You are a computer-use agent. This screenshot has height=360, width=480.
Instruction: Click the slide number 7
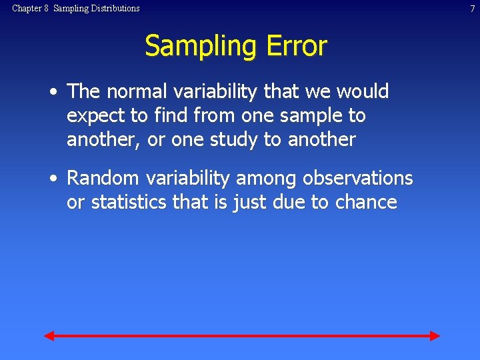(472, 9)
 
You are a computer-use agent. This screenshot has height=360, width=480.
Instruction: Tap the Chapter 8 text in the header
(31, 9)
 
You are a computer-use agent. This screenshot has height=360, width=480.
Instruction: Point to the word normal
(138, 91)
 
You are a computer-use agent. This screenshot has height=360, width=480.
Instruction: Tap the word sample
(309, 117)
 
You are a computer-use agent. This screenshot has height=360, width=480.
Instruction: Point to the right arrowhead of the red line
(435, 335)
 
